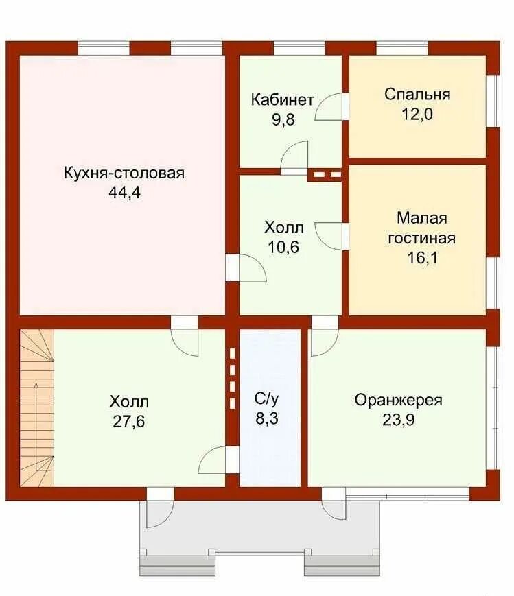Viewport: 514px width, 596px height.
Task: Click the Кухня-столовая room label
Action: coord(124,173)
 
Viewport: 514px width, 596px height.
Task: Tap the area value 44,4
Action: coord(124,192)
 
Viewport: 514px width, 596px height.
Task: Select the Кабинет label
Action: coord(282,99)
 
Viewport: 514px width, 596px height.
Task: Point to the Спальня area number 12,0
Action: coord(417,114)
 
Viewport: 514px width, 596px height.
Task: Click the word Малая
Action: coord(422,218)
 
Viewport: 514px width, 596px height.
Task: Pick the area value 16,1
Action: coord(422,258)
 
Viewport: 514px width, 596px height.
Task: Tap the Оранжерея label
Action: coord(398,401)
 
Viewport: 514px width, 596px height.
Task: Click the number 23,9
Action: coord(398,420)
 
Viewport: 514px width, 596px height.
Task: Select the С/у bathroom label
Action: coord(267,398)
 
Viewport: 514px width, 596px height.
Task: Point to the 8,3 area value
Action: coord(267,418)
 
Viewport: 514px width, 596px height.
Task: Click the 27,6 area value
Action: coord(129,422)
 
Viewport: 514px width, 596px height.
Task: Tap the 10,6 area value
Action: coord(284,248)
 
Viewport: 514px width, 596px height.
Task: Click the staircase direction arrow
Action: coord(36,427)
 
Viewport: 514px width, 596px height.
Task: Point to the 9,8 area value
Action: coord(283,120)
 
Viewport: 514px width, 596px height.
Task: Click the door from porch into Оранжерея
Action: coord(334,503)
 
